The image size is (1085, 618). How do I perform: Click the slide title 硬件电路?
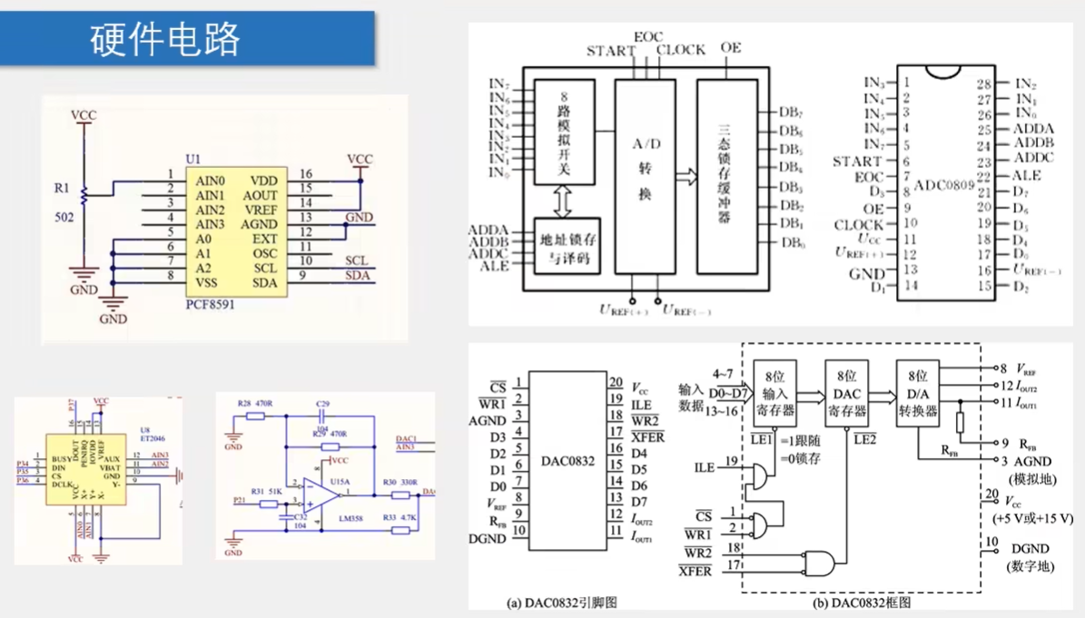point(165,40)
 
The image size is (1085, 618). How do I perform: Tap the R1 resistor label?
point(61,189)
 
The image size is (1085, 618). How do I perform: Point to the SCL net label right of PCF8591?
point(356,260)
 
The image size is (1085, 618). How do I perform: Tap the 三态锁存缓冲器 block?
point(725,175)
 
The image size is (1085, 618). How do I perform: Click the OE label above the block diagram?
point(730,47)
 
